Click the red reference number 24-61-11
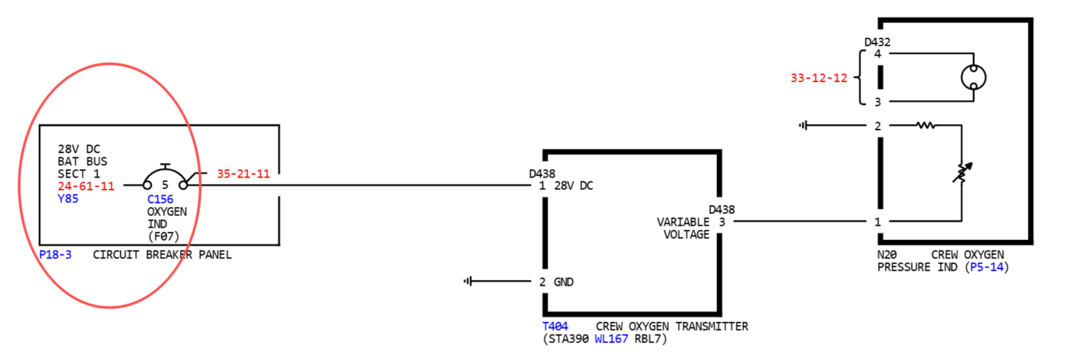86,186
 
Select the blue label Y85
67,198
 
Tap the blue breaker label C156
160,199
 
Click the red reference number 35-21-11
243,174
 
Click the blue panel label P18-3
55,254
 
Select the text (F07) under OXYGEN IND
163,236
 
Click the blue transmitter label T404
555,327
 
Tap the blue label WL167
611,339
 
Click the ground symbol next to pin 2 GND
468,281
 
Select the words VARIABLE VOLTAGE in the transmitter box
683,228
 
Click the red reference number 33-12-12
819,77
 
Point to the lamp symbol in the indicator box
973,77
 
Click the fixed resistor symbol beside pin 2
925,126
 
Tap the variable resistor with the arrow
961,173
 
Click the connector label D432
877,42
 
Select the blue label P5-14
987,267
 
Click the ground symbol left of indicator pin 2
804,126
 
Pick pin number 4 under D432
878,54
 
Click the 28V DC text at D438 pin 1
573,186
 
